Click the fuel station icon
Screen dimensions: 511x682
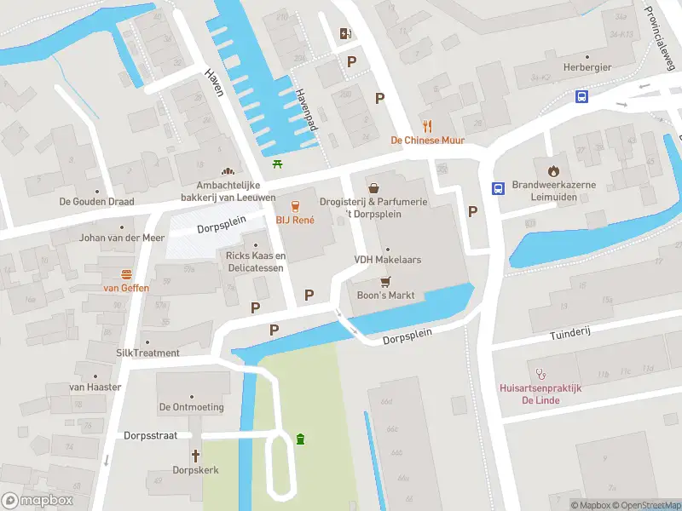coord(345,33)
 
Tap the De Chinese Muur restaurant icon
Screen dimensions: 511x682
coord(428,125)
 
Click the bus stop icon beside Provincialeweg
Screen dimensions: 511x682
coord(581,97)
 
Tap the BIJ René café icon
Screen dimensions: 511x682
coord(295,205)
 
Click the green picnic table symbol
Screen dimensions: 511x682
coord(278,164)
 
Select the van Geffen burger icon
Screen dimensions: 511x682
coord(126,273)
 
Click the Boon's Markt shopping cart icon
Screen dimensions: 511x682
coord(384,281)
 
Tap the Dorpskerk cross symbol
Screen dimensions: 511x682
coord(195,456)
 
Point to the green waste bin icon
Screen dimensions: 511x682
coord(300,439)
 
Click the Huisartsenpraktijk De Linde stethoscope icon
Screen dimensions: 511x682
coord(540,373)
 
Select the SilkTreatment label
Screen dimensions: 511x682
coord(147,353)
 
